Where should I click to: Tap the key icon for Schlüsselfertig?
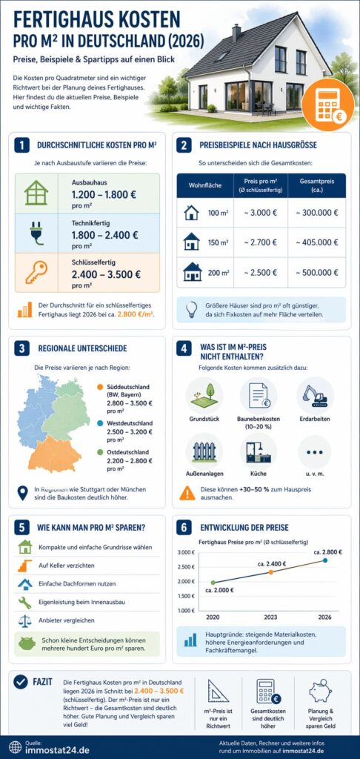[36, 273]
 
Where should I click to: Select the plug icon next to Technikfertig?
[36, 232]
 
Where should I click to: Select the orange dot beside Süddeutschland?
[99, 386]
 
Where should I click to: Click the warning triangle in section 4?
[188, 492]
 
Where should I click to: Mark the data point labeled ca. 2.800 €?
[324, 561]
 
